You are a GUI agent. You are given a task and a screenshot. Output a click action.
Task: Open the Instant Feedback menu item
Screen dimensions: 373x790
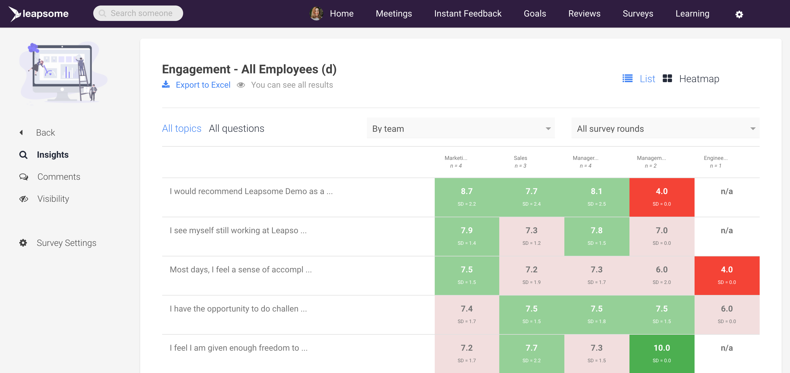467,14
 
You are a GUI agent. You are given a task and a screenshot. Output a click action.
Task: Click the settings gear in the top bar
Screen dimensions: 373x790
739,14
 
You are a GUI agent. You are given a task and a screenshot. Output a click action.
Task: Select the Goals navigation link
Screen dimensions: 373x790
535,14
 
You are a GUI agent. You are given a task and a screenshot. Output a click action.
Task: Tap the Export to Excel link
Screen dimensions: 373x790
203,85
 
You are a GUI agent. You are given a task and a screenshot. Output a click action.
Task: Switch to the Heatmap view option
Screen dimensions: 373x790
699,79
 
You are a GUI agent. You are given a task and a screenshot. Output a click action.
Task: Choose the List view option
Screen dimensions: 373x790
647,79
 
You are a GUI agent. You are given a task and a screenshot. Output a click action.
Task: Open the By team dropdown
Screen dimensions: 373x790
460,128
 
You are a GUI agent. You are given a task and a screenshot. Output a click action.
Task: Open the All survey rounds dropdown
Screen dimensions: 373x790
665,128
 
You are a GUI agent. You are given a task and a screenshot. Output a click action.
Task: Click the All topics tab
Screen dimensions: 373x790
182,128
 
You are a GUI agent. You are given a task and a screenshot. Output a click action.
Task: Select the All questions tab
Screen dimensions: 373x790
236,128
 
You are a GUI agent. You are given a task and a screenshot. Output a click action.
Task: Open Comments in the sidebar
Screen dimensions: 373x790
58,177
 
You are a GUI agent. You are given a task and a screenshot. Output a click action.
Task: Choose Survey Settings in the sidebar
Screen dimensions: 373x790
66,243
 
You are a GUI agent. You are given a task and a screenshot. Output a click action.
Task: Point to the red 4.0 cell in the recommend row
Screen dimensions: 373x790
661,197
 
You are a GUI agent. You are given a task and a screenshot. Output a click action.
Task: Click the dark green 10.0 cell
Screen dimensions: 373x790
661,353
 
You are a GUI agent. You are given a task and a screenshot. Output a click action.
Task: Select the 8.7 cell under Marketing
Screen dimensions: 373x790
466,197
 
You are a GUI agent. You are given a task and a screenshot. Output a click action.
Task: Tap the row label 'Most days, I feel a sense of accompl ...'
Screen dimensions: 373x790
241,270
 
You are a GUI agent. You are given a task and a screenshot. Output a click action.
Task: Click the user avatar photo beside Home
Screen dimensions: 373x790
316,14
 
